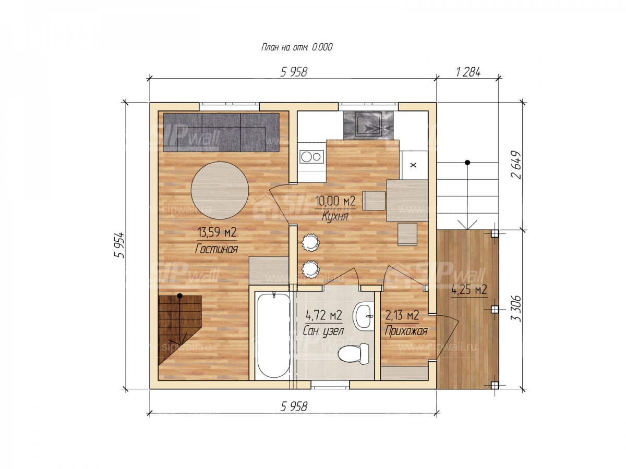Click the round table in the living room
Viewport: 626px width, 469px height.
coord(220,190)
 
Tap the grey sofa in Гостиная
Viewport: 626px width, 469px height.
coord(221,132)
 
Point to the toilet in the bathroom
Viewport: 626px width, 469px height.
coord(353,354)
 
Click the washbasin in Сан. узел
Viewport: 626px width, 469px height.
coord(363,316)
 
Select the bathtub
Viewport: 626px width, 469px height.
coord(273,336)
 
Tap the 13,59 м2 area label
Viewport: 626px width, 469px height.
coord(217,232)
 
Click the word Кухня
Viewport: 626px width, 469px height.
coord(335,216)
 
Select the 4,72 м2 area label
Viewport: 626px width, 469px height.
coord(324,315)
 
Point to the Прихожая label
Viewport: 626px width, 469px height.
coord(406,331)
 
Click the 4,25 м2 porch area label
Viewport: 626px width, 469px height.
coord(469,290)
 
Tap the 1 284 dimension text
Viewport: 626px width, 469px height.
coord(468,72)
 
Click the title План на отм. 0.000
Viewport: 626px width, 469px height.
coord(297,47)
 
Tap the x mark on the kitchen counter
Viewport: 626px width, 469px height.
coord(413,165)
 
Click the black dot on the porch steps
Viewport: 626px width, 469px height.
coord(467,163)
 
